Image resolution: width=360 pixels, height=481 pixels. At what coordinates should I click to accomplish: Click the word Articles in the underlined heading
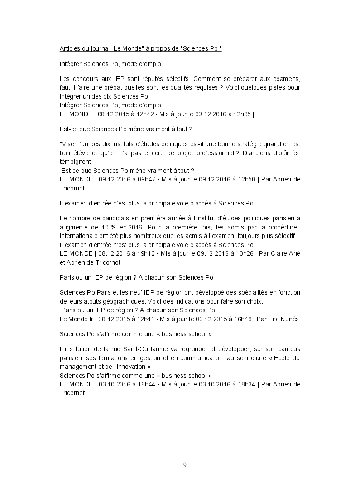pos(70,48)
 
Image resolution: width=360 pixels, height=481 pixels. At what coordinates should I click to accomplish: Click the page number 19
pos(183,465)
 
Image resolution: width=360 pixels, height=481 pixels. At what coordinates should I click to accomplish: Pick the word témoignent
pos(77,162)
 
